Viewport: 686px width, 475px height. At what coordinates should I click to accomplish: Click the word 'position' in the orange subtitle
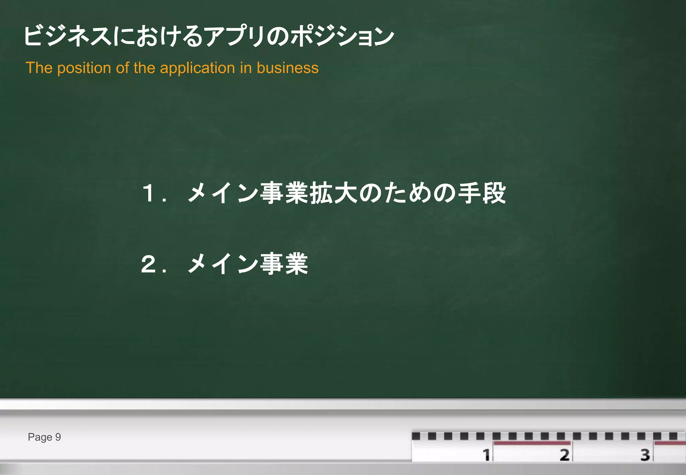(84, 68)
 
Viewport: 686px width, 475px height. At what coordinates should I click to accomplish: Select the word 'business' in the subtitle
(287, 68)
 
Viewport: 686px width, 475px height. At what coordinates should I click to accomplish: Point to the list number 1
(148, 194)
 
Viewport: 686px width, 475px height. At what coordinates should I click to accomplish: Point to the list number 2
(148, 264)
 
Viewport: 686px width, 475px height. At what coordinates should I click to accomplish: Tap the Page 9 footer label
(44, 437)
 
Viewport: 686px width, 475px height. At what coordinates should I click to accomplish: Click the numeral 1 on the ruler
(486, 455)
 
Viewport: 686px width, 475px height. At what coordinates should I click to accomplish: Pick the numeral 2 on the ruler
(565, 455)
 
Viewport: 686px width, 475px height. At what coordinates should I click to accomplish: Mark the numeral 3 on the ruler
(645, 455)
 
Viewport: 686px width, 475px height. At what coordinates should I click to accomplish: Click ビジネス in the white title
(67, 36)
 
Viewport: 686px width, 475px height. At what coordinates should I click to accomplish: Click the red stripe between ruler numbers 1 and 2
(532, 443)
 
